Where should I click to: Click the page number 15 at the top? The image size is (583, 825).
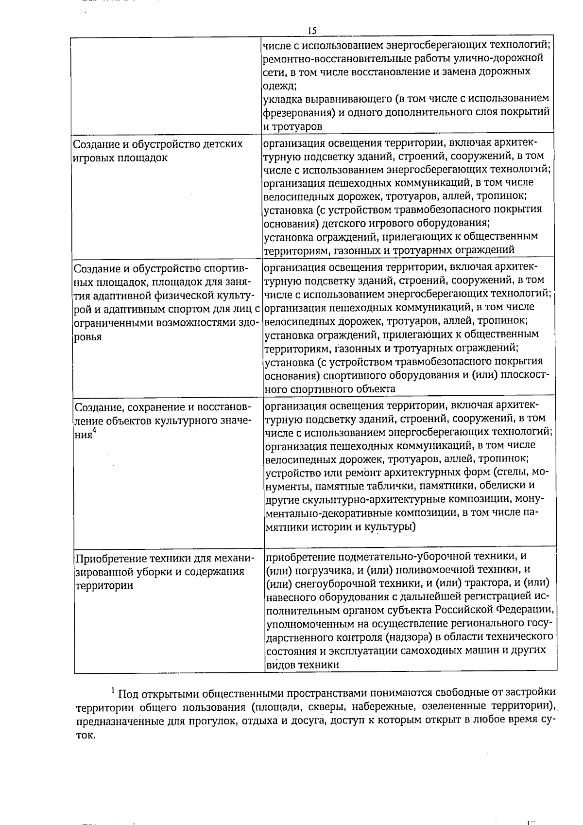click(x=312, y=31)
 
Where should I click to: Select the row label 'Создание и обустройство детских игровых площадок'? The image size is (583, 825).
click(x=157, y=151)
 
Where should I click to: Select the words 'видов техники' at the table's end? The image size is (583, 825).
click(x=302, y=665)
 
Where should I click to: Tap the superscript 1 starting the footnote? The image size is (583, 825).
click(x=113, y=690)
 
